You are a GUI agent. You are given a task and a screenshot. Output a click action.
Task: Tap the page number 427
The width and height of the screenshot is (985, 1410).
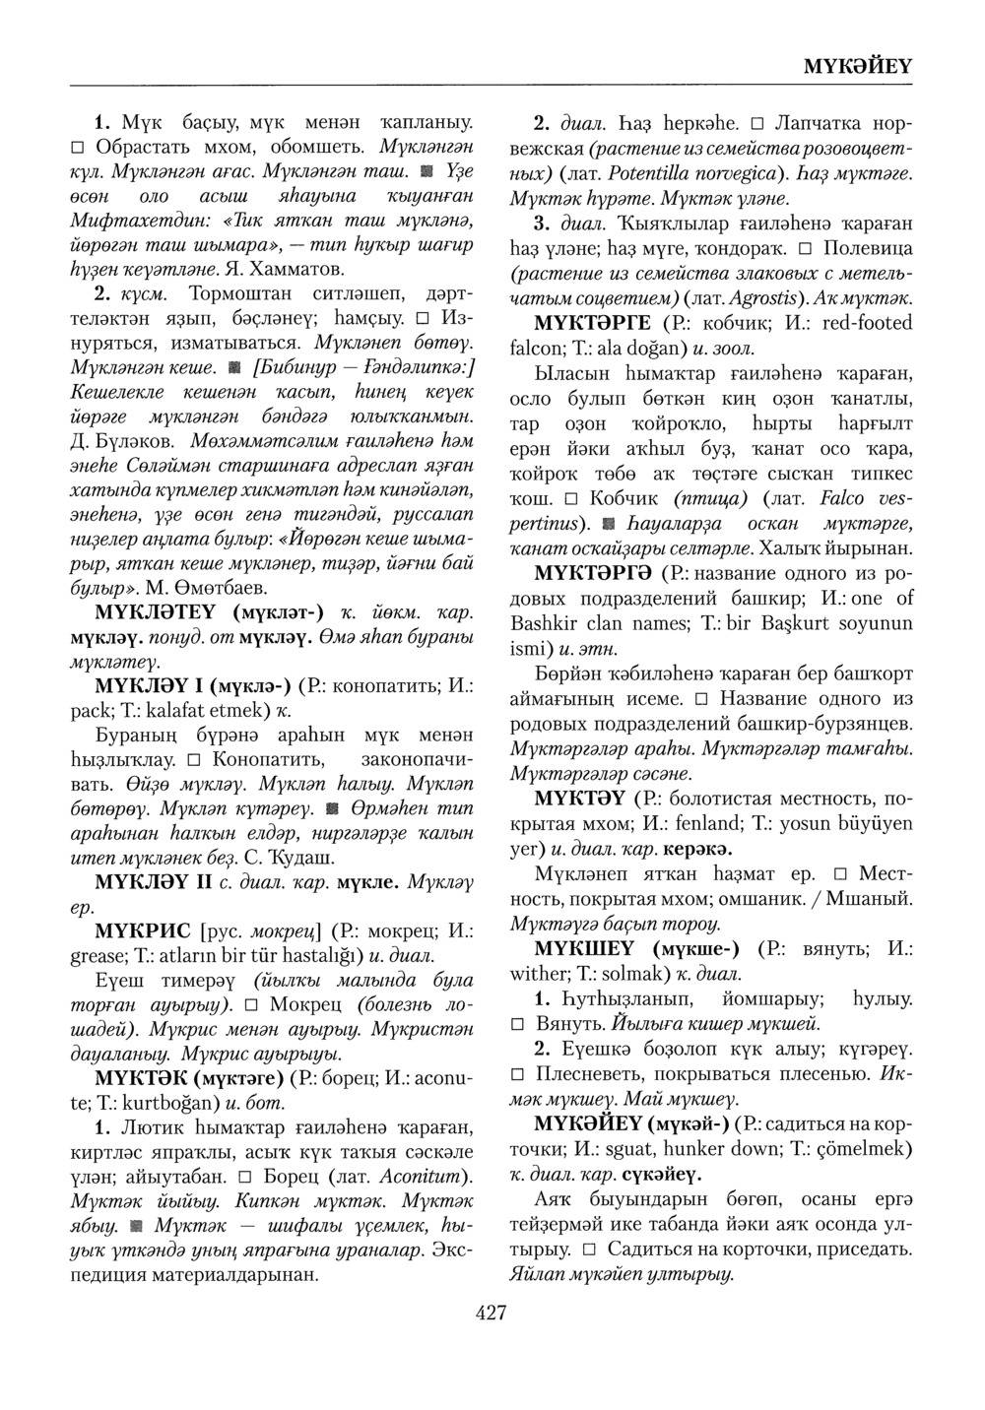pyautogui.click(x=491, y=1313)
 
